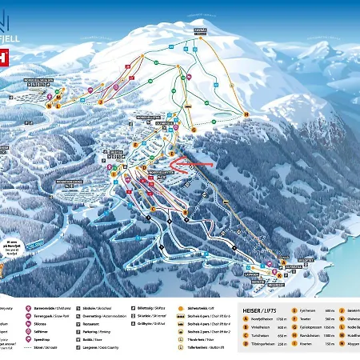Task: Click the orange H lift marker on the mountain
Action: click(x=246, y=113)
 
